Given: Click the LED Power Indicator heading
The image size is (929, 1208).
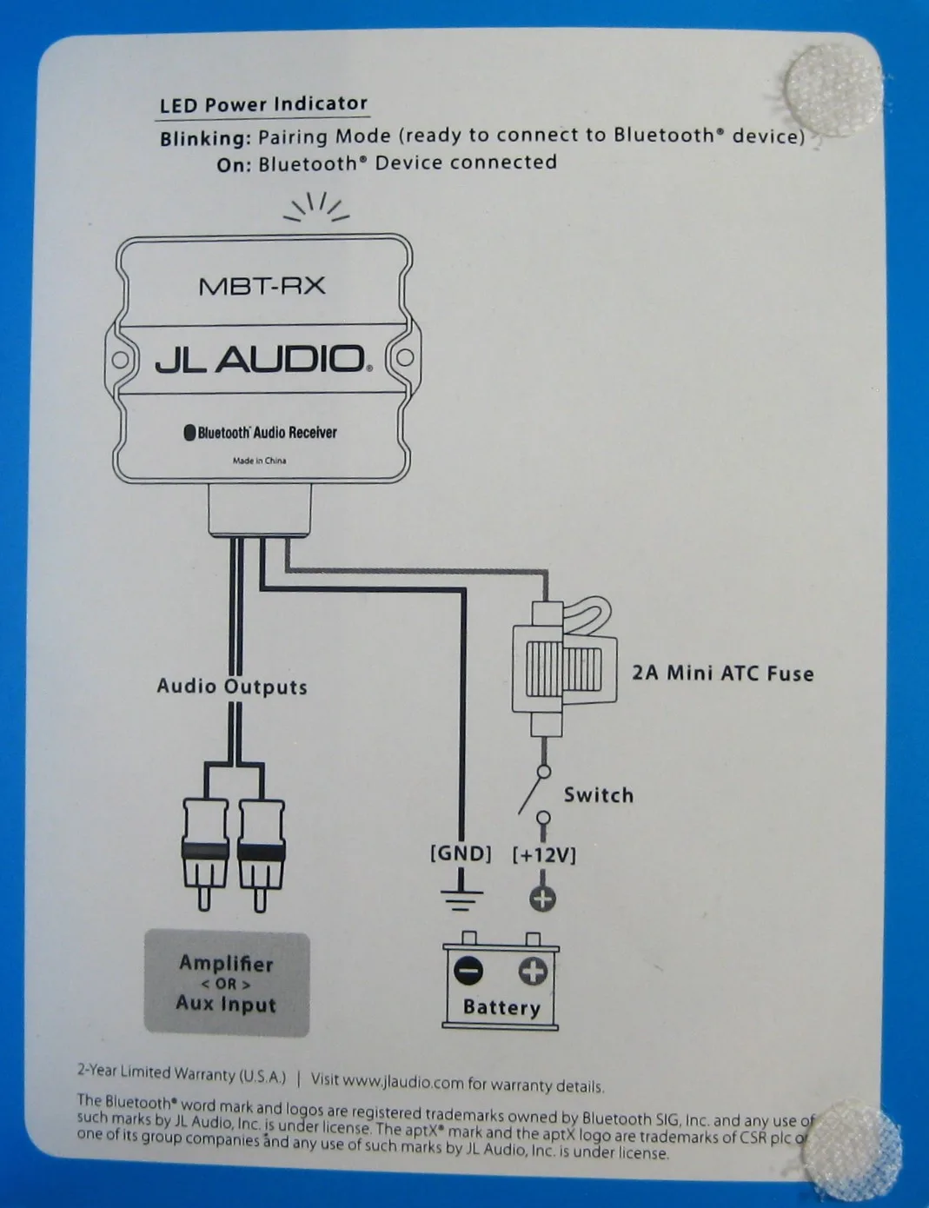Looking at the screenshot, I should pyautogui.click(x=263, y=104).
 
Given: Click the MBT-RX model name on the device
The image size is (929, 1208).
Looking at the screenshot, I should pyautogui.click(x=262, y=285).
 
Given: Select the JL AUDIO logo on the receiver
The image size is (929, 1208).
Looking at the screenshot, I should pyautogui.click(x=262, y=358).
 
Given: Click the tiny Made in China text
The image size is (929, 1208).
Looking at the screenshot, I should pyautogui.click(x=259, y=461).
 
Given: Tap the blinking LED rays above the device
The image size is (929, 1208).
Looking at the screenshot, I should pyautogui.click(x=318, y=207).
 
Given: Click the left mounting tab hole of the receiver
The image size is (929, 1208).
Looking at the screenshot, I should pyautogui.click(x=122, y=359).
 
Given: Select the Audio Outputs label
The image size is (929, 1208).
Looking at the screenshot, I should pyautogui.click(x=232, y=687).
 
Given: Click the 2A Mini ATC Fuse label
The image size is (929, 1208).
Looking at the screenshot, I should pyautogui.click(x=722, y=673).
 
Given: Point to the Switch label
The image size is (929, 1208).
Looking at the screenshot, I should pyautogui.click(x=598, y=794).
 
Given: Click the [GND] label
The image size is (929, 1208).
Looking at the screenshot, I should pyautogui.click(x=461, y=853).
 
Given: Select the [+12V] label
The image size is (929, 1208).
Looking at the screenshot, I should pyautogui.click(x=544, y=854).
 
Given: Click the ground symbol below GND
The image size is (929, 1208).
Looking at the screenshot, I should pyautogui.click(x=461, y=897).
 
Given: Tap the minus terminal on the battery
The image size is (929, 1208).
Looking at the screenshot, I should pyautogui.click(x=468, y=970).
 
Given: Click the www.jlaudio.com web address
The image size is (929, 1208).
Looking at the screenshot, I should pyautogui.click(x=403, y=1081).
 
